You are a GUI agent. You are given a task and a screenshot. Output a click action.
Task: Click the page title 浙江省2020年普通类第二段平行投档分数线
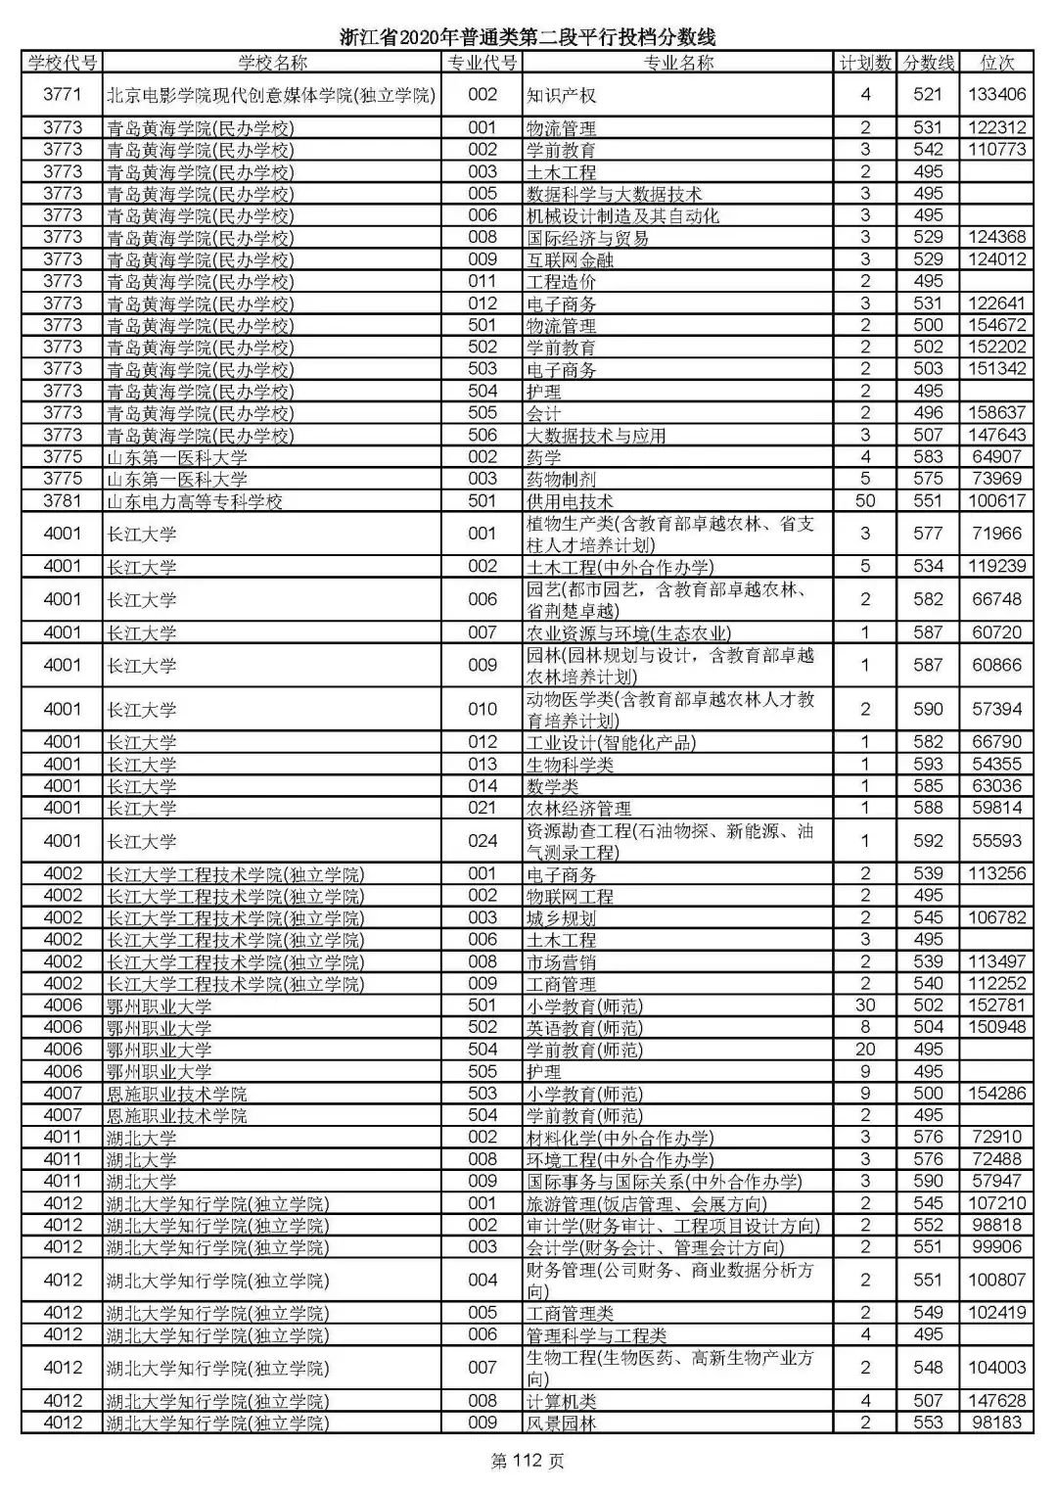[x=528, y=37]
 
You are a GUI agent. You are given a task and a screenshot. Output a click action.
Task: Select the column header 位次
[x=997, y=63]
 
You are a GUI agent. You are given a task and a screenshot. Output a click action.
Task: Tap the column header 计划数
[x=865, y=63]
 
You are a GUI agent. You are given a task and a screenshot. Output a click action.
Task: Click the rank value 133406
[x=997, y=95]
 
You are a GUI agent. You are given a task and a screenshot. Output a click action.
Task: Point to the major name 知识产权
[x=561, y=95]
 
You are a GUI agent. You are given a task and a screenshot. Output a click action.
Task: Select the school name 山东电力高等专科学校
[x=195, y=501]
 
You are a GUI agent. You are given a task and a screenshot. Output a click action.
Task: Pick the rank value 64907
[x=997, y=457]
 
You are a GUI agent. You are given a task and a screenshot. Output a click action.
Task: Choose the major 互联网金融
[x=570, y=259]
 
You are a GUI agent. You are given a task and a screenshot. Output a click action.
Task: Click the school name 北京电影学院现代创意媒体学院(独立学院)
[x=271, y=95]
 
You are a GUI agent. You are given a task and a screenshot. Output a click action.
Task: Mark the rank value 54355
[x=997, y=765]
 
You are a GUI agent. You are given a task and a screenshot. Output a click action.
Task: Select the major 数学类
[x=552, y=786]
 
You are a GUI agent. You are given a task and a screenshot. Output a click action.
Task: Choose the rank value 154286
[x=997, y=1094]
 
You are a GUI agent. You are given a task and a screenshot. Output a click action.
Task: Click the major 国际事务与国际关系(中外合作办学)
[x=664, y=1182]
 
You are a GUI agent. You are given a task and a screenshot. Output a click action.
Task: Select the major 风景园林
[x=561, y=1423]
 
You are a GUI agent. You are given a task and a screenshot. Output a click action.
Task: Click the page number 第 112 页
[x=528, y=1462]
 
